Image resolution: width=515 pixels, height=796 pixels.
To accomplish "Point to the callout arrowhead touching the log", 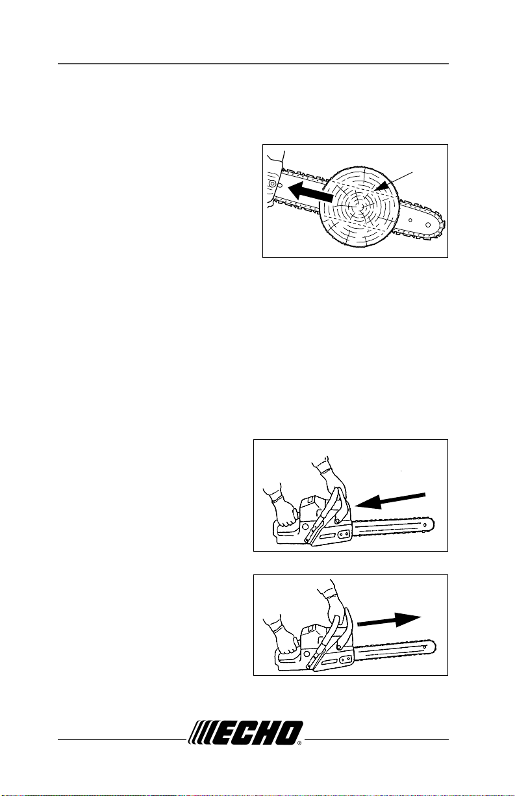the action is click(381, 187).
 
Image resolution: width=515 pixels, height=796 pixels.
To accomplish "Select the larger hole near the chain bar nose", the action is click(428, 225).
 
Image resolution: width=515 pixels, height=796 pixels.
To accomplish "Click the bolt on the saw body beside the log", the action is click(272, 183).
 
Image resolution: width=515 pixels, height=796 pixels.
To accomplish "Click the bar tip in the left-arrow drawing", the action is click(430, 525).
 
